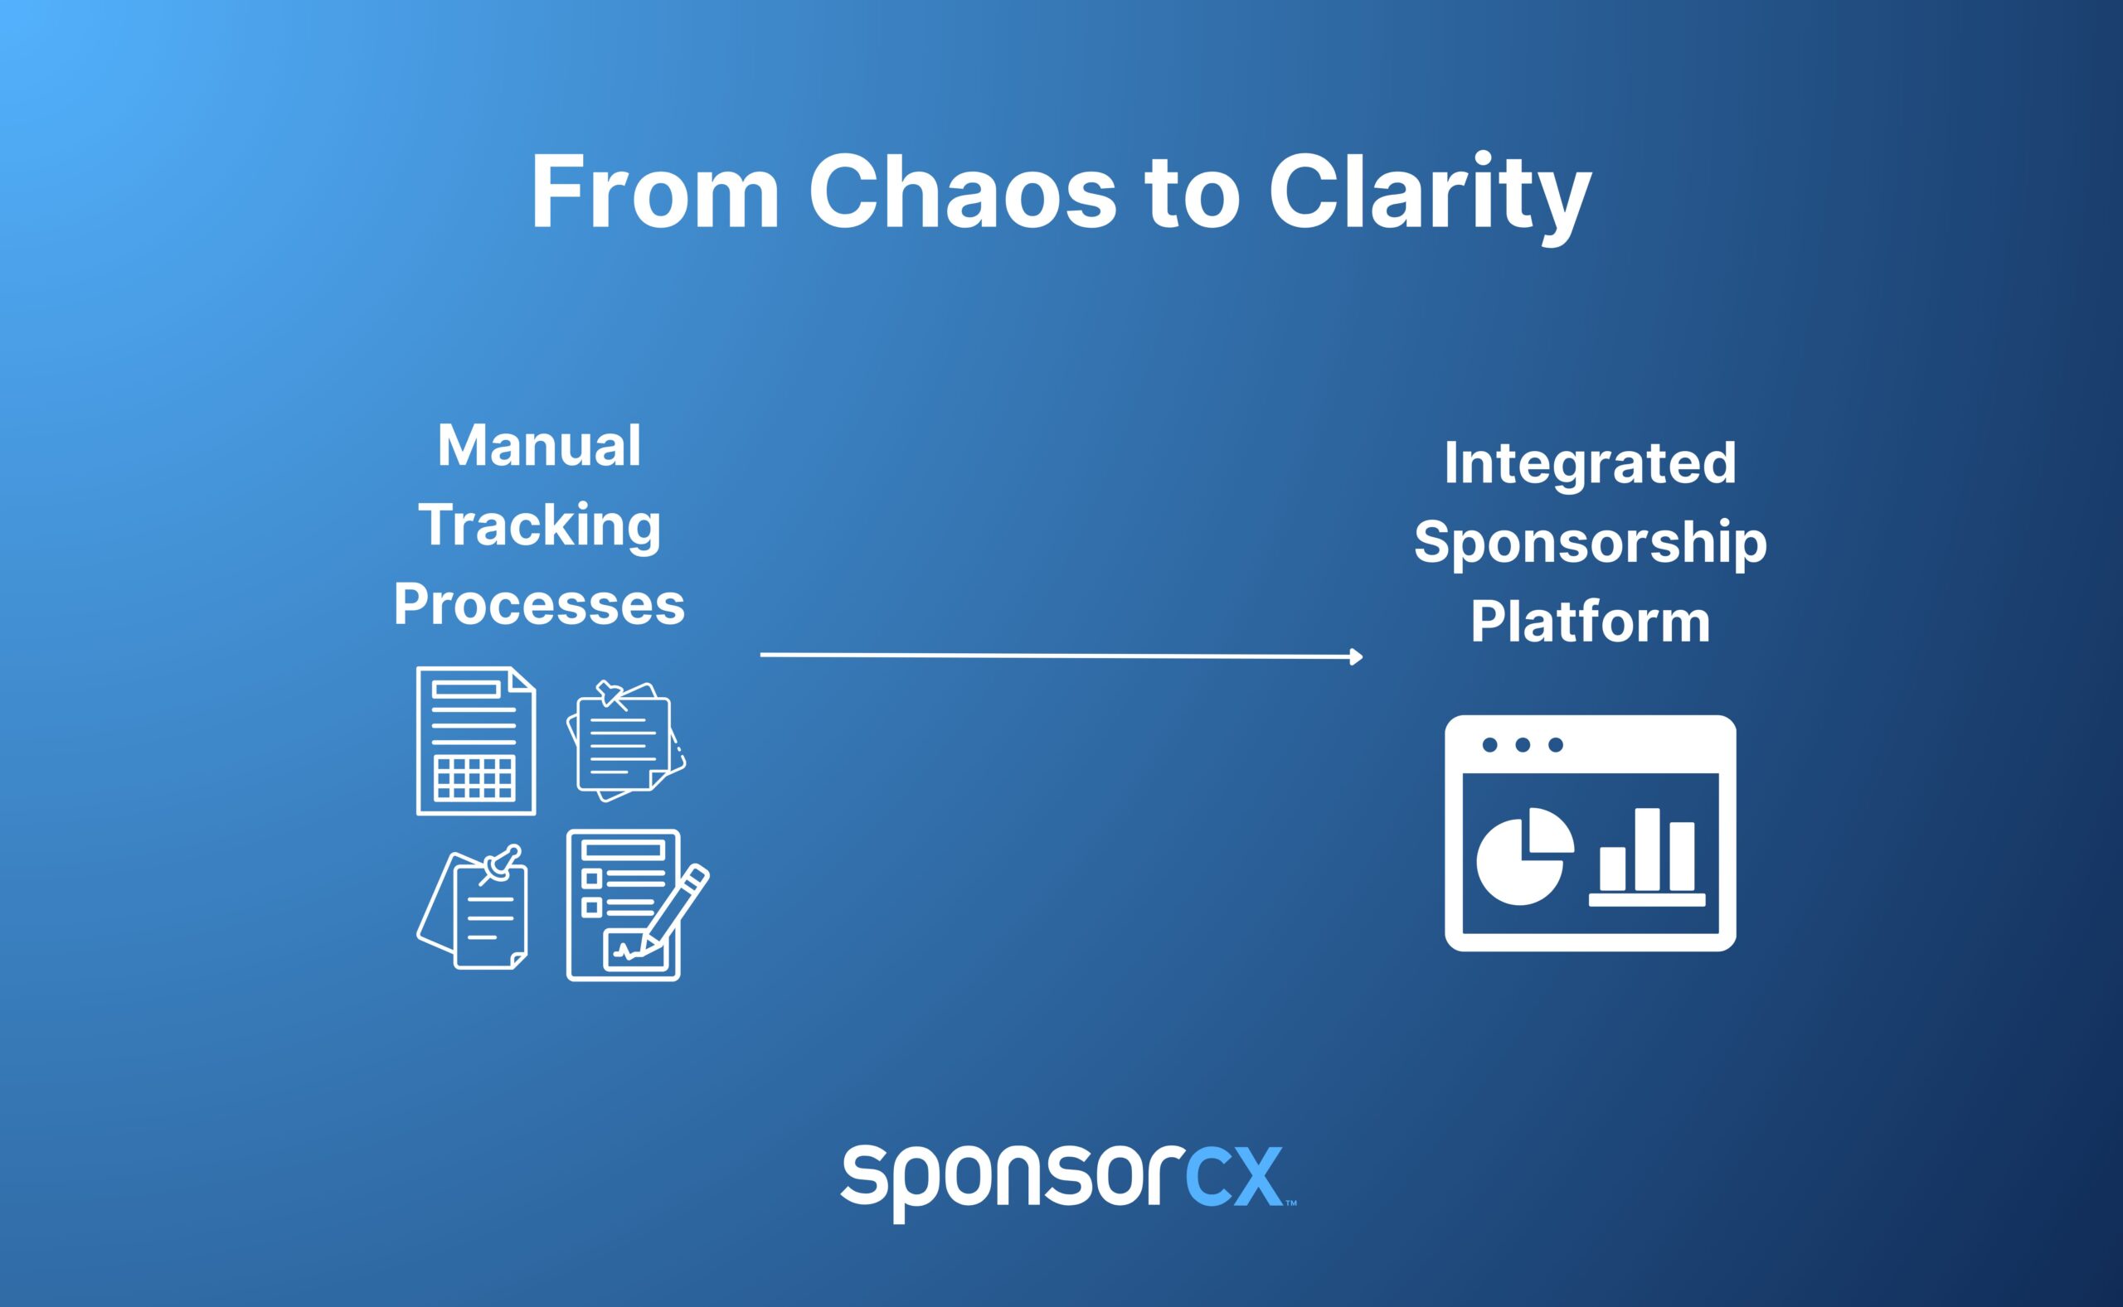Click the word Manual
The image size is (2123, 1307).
coord(539,446)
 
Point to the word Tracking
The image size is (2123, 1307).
coord(540,525)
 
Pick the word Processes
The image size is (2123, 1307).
coord(540,604)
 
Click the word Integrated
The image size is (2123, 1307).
coord(1590,463)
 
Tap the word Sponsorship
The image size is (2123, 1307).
coord(1590,543)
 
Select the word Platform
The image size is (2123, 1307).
coord(1590,622)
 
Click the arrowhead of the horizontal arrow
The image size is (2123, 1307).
coord(1355,657)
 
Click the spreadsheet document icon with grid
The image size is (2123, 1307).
coord(476,741)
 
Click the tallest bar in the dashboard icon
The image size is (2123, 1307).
coord(1646,849)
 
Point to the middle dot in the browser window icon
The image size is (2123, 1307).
coord(1523,745)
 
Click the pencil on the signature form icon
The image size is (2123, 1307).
coord(677,908)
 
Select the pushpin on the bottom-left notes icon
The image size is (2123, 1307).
coord(503,862)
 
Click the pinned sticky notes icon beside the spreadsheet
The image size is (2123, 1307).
coord(625,741)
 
